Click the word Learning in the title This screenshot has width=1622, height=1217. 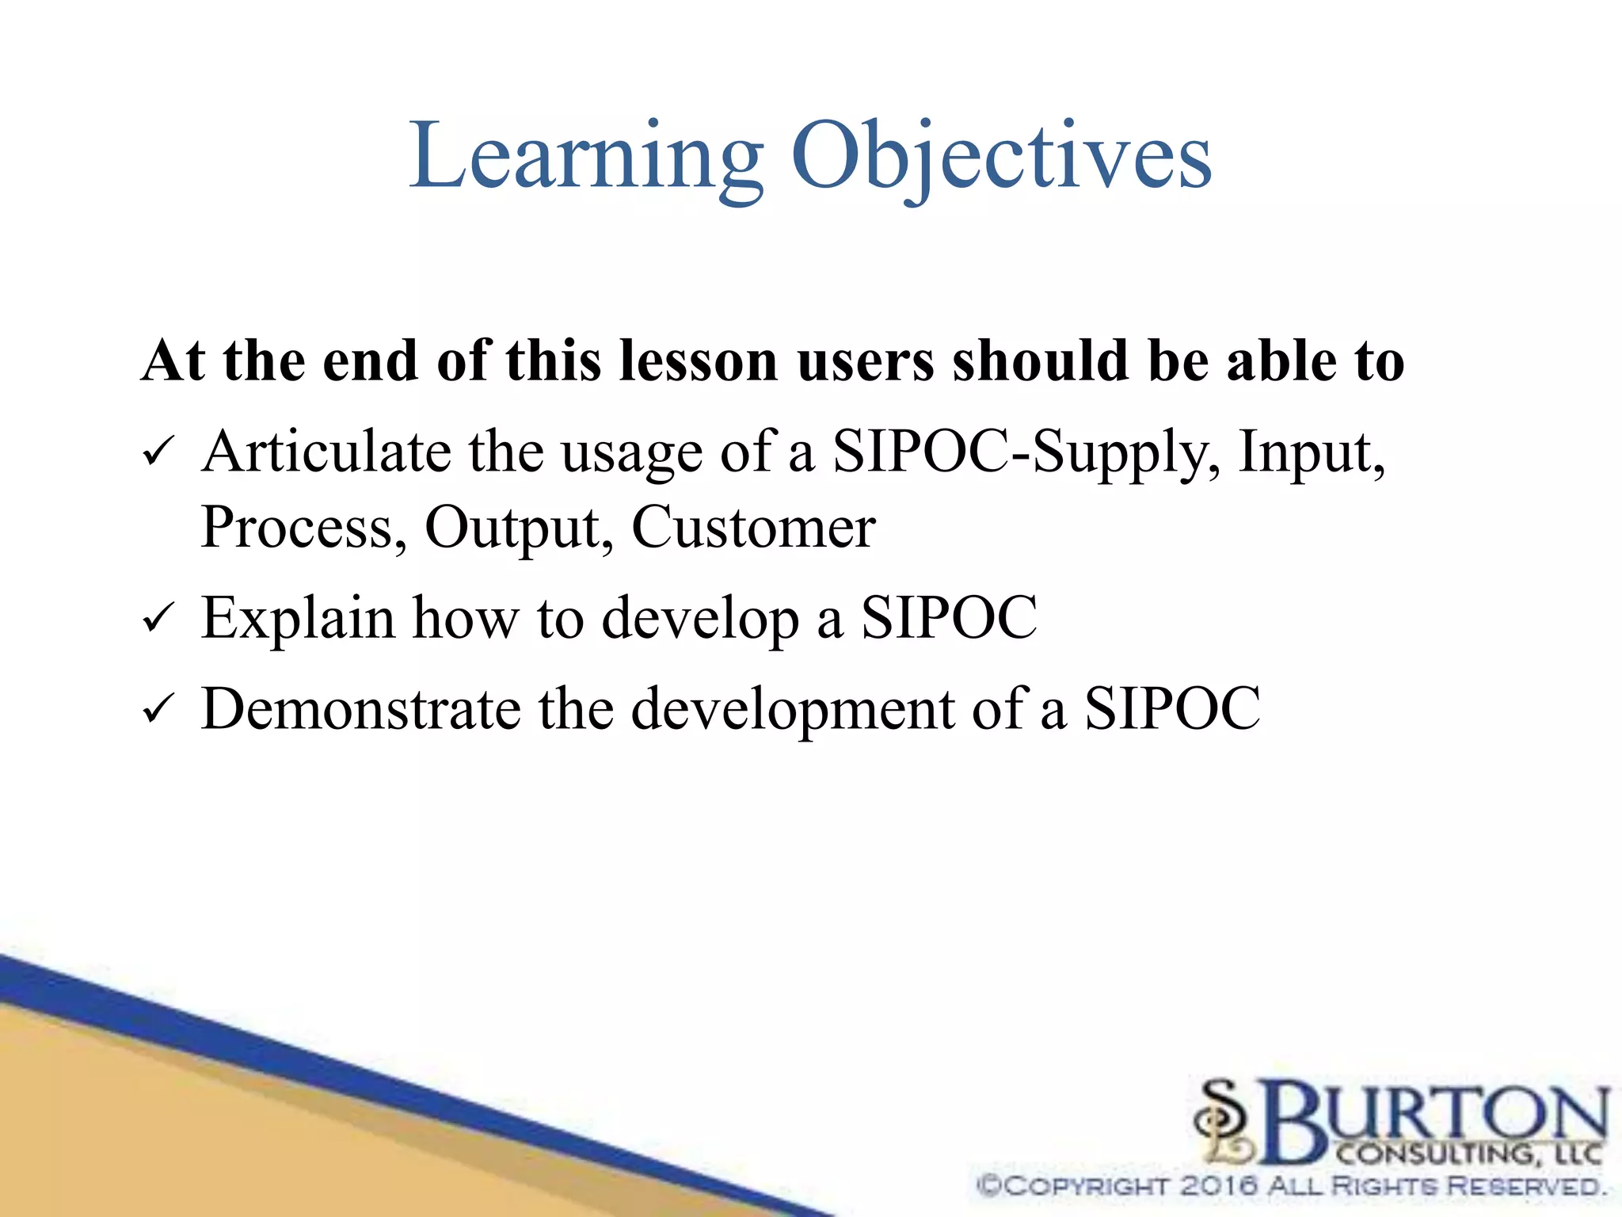coord(586,158)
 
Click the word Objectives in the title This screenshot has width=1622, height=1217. coord(1001,158)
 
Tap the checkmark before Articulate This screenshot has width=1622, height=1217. coord(157,453)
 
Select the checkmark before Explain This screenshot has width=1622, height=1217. coord(157,619)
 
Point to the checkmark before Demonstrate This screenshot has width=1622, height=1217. coord(157,709)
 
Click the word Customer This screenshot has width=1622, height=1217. coord(753,528)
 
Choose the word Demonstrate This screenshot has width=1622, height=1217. coord(361,708)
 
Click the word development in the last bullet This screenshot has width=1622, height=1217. coord(792,710)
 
